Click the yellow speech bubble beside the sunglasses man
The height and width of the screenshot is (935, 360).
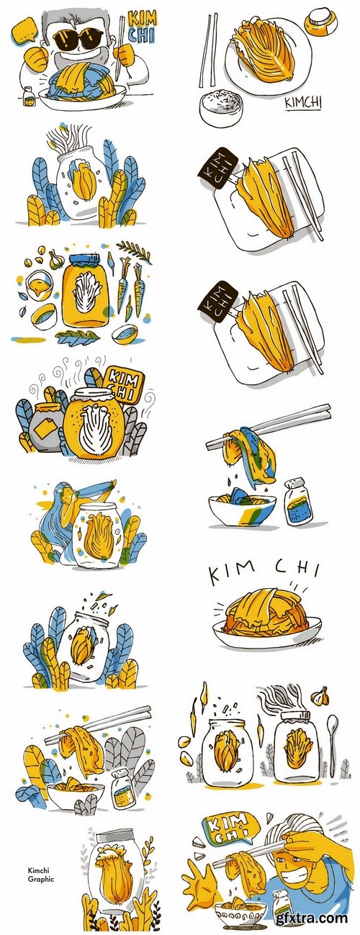point(23,31)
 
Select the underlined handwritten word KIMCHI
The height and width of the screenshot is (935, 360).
point(303,104)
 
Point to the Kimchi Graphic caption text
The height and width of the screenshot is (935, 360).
point(41,867)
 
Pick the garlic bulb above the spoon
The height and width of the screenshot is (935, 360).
point(320,696)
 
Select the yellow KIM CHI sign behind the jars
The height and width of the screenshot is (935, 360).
point(124,384)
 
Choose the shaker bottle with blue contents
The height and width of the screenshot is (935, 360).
point(298,502)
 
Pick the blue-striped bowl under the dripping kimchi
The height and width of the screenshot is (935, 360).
point(242,510)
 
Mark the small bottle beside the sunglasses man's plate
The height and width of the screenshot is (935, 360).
point(28,98)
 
